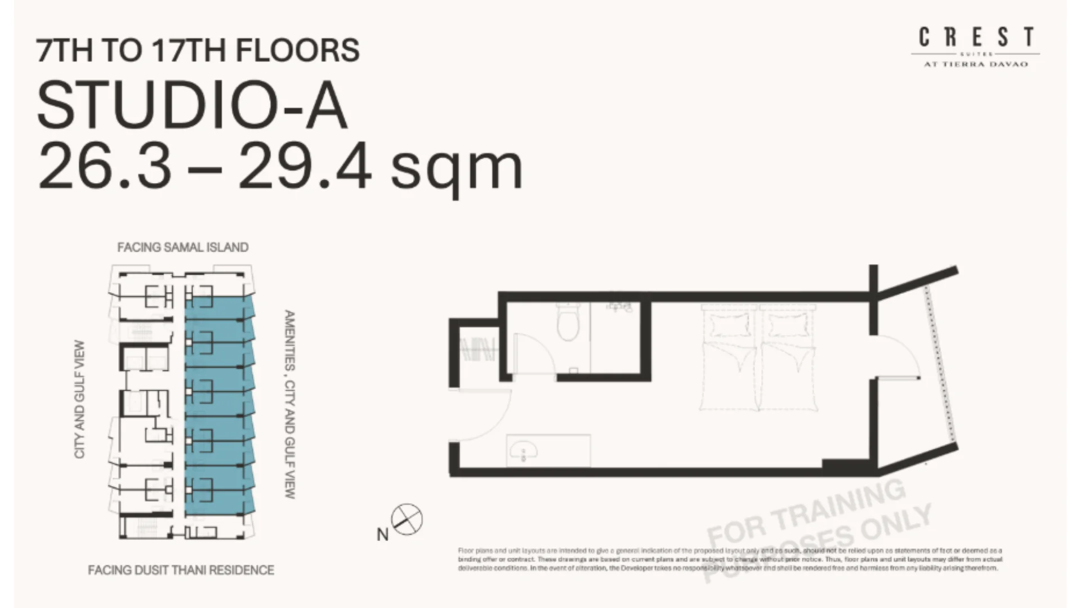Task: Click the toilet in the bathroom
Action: (x=567, y=323)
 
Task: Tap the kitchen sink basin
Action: (x=524, y=450)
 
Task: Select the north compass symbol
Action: (x=407, y=519)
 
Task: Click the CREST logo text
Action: (x=976, y=38)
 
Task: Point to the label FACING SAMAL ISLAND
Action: (x=182, y=247)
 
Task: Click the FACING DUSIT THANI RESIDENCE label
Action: (x=181, y=570)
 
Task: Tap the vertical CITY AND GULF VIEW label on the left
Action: (x=79, y=399)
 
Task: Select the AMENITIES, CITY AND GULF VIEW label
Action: (x=289, y=404)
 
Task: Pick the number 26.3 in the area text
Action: (x=105, y=167)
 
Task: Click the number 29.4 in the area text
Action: (x=305, y=167)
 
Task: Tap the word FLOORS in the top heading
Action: (x=297, y=50)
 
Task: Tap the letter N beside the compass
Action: (x=382, y=534)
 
